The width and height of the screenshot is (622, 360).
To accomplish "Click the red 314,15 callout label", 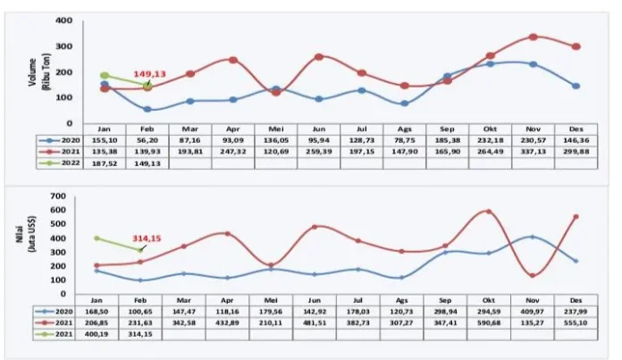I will [152, 239].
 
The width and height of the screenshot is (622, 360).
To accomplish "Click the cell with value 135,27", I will [534, 322].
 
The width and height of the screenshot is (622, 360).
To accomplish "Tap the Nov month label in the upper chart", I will [533, 129].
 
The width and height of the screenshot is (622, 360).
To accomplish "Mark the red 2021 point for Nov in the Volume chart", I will [533, 37].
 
